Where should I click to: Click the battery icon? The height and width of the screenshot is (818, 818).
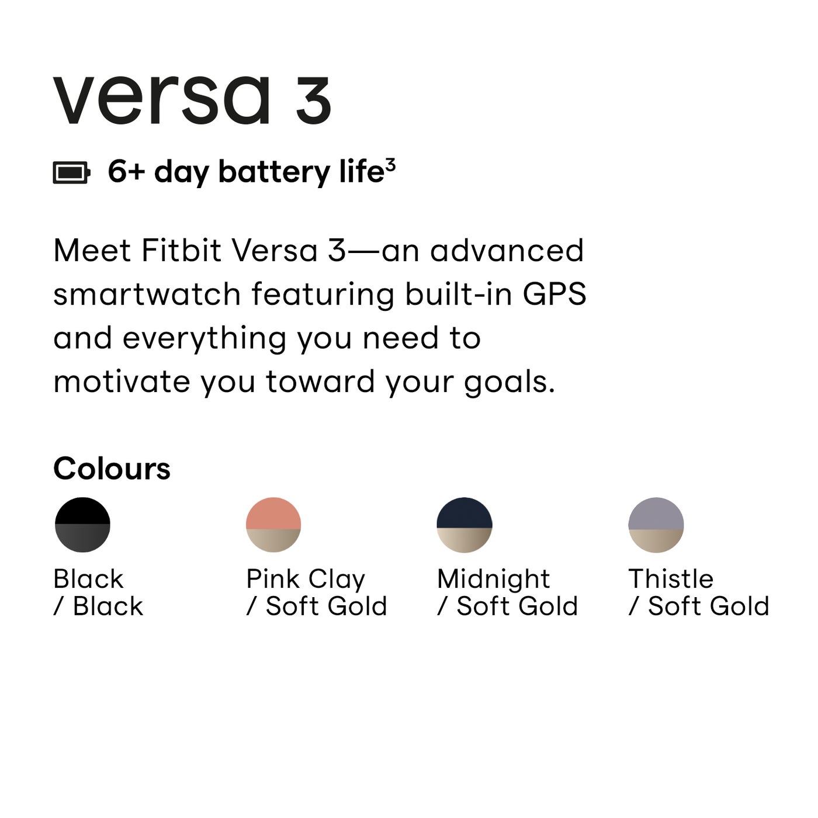point(71,173)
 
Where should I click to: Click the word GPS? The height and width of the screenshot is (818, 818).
point(554,294)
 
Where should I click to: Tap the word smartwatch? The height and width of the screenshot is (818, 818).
point(147,294)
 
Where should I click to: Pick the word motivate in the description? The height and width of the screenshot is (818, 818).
point(122,382)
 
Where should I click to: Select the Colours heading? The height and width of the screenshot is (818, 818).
point(112,469)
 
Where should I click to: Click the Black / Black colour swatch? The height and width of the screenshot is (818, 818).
point(82,525)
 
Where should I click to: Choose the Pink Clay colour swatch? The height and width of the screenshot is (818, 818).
point(273,525)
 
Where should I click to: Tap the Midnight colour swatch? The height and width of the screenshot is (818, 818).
point(465,525)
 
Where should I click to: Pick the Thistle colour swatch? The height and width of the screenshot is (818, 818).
point(656,525)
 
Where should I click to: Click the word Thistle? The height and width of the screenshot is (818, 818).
point(671,579)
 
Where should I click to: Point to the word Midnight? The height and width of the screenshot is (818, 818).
point(493,580)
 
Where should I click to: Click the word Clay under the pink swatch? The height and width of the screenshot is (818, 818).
point(337,580)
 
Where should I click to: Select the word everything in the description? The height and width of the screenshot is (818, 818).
point(204,339)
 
